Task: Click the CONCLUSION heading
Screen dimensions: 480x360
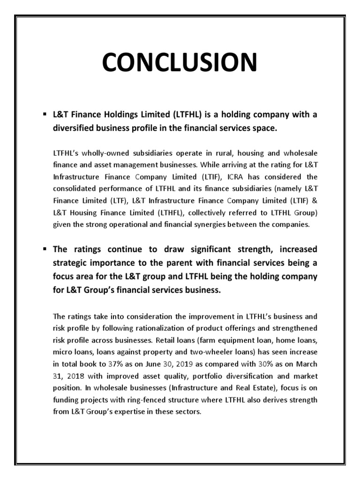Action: [180, 62]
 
